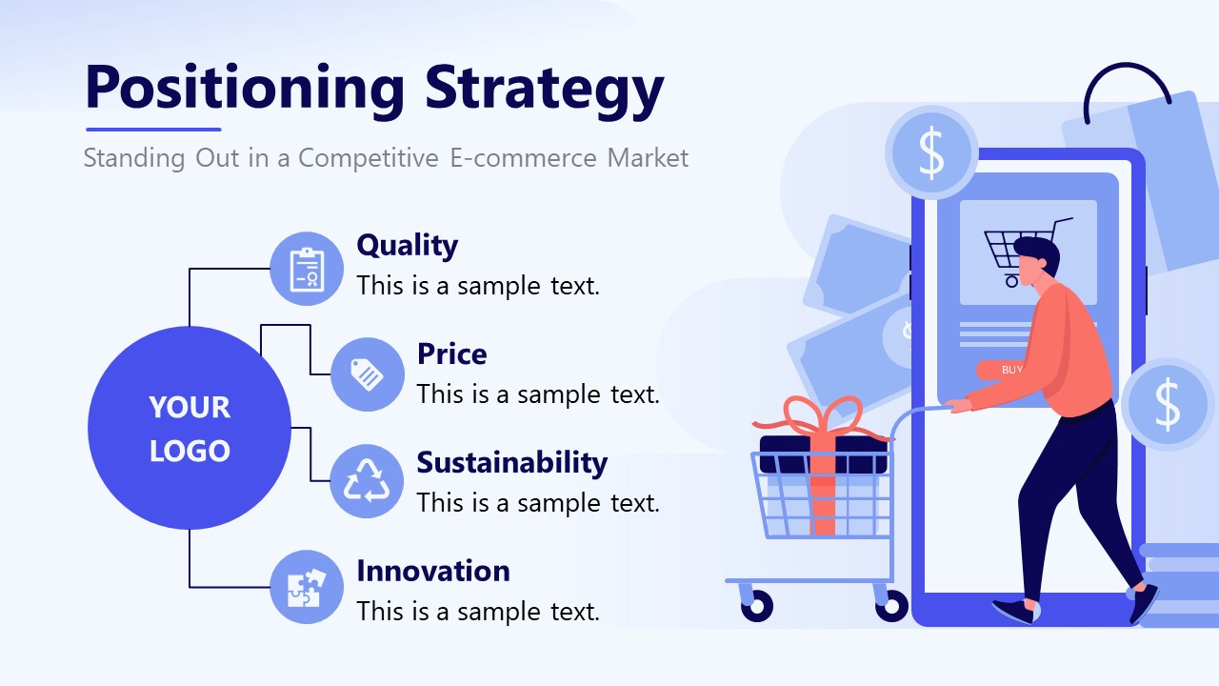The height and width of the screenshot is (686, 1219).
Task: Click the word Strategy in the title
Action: coord(544,88)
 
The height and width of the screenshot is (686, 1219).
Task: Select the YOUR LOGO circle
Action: coord(190,428)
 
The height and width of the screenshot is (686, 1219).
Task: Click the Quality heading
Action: coord(407,245)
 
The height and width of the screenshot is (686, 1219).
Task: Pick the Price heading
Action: coord(451,353)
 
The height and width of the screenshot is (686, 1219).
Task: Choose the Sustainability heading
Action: coord(511,462)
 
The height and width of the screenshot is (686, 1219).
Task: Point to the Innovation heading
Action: coord(433,571)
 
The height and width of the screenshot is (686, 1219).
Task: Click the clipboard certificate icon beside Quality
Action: coord(307,269)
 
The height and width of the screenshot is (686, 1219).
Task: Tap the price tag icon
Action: coord(368,374)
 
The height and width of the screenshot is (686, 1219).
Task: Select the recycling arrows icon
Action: coord(368,481)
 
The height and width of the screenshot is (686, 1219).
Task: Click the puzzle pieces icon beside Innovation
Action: coord(307,587)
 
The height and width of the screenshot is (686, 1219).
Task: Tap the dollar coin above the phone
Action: coord(930,152)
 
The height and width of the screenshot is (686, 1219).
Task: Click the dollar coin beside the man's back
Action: coord(1167,404)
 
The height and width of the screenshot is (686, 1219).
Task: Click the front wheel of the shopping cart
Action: coord(757,605)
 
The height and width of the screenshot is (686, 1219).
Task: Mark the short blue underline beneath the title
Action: coord(153,130)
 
